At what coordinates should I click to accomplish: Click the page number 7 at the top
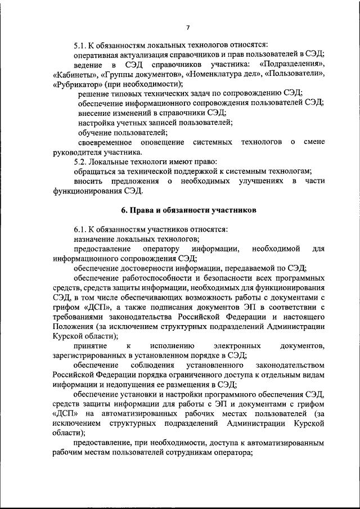point(188,27)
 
